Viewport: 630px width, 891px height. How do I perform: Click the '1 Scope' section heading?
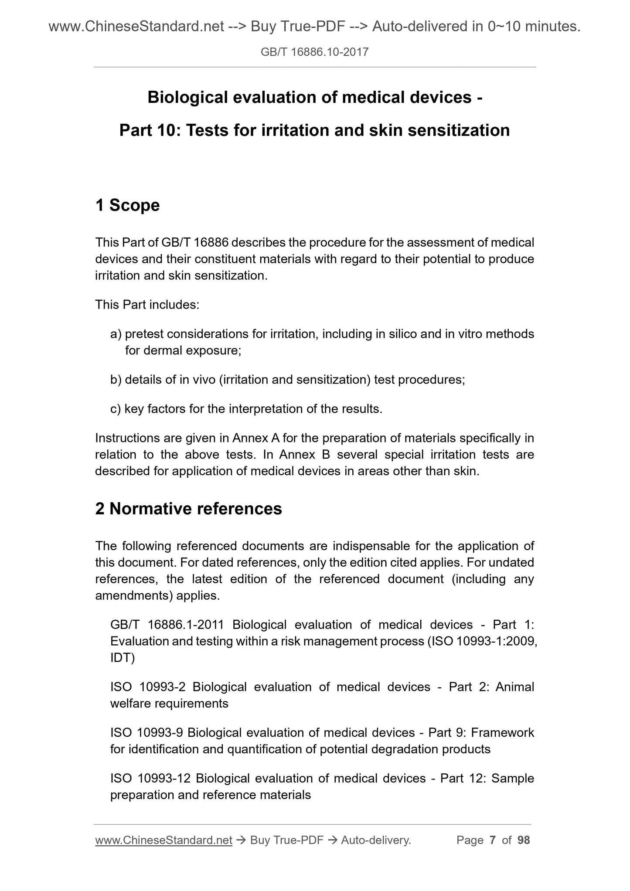127,205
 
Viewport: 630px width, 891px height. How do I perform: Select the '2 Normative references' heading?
188,509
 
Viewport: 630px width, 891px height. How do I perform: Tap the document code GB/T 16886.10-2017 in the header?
314,52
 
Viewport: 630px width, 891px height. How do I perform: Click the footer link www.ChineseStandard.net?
163,840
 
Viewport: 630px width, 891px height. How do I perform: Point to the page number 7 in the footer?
493,840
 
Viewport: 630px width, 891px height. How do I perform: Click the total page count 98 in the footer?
523,840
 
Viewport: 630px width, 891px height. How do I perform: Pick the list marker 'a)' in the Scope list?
116,334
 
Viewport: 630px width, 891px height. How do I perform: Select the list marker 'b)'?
116,380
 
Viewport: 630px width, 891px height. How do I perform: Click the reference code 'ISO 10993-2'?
148,687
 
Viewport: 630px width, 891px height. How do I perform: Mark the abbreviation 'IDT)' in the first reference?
123,658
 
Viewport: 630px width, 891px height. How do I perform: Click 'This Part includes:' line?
147,305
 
